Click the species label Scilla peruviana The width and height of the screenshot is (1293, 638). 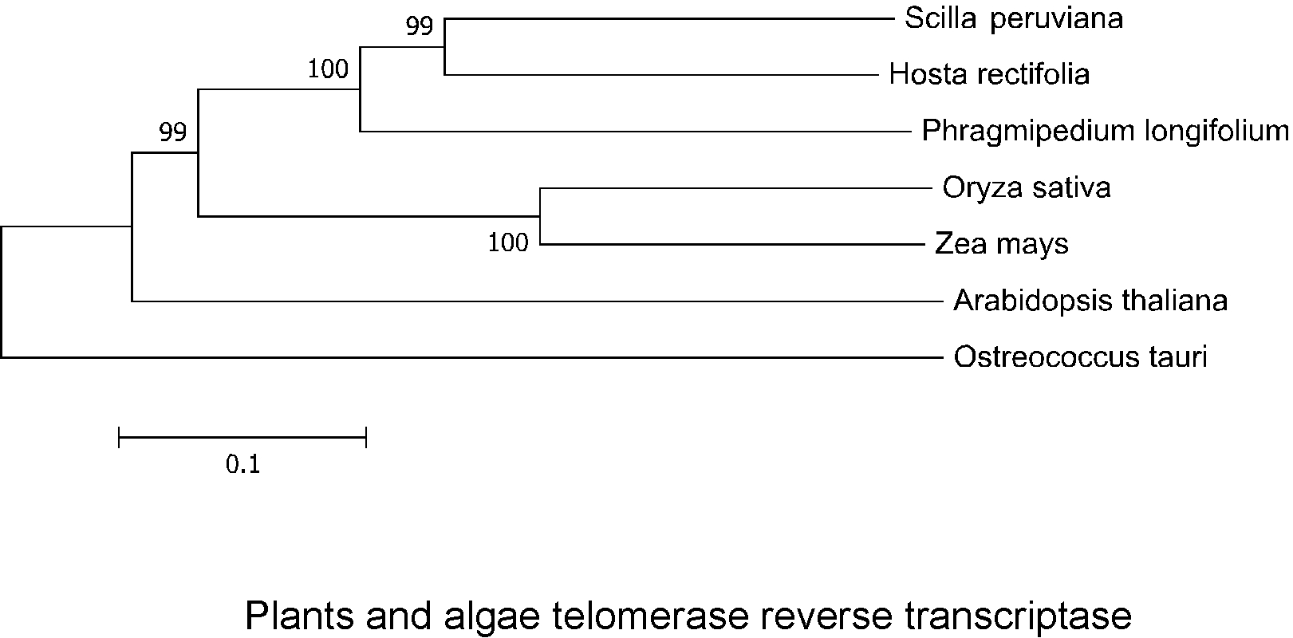[x=1013, y=18]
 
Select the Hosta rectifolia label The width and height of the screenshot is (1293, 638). [x=989, y=75]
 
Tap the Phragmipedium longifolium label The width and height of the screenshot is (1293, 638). [x=1105, y=131]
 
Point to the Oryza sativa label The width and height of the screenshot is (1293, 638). [x=1026, y=188]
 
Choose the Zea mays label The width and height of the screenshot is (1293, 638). [x=1001, y=244]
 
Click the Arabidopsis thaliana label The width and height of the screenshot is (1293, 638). [x=1090, y=301]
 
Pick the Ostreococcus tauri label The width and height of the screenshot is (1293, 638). [x=1080, y=357]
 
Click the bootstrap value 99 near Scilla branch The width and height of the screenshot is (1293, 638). [x=420, y=27]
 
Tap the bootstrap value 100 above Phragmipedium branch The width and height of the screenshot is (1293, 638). [x=329, y=70]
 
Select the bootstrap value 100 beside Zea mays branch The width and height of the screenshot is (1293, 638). [x=508, y=242]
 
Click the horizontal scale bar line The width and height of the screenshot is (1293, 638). [x=242, y=437]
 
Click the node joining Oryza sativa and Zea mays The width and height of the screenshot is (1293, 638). [x=541, y=216]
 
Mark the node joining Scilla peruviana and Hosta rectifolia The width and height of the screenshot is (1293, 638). [x=444, y=46]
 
